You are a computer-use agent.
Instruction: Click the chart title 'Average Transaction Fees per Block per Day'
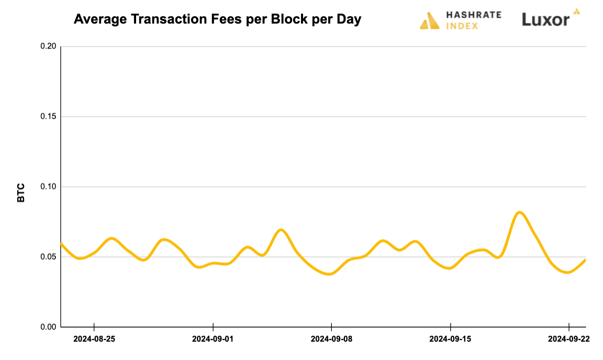point(217,20)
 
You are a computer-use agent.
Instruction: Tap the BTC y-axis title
point(21,193)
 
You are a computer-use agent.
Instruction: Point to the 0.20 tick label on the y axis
point(48,47)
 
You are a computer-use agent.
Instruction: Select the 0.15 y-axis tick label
point(48,117)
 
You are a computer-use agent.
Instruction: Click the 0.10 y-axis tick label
point(48,187)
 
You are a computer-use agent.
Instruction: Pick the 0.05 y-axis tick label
point(48,257)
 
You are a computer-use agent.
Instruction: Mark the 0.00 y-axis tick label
point(48,327)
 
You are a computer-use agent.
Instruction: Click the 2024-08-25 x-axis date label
point(94,339)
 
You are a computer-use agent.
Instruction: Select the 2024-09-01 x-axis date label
point(213,339)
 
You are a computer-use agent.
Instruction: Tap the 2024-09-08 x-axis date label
point(331,339)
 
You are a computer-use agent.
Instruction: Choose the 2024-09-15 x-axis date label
point(450,339)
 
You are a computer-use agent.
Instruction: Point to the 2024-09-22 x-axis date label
point(568,339)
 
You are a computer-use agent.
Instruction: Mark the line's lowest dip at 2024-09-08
point(329,274)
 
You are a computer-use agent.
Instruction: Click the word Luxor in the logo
point(545,20)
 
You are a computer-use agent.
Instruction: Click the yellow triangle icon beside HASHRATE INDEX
point(430,20)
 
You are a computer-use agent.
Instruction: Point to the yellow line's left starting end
point(61,243)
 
